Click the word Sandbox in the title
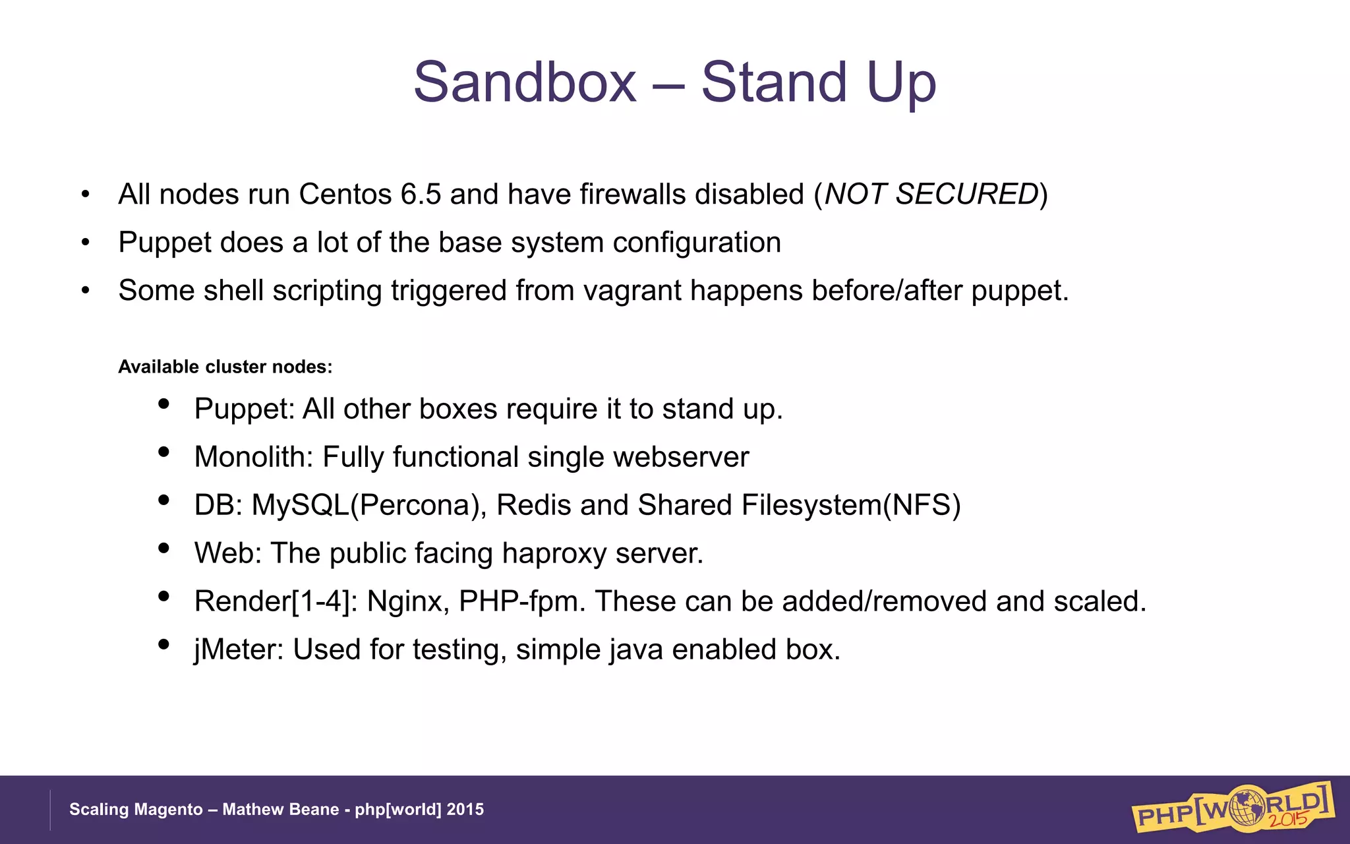tap(525, 82)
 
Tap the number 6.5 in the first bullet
tap(421, 194)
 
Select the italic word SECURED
tap(966, 194)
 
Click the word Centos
tap(345, 194)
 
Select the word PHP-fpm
tap(521, 601)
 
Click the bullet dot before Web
tap(164, 547)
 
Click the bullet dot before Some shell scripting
tap(85, 290)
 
